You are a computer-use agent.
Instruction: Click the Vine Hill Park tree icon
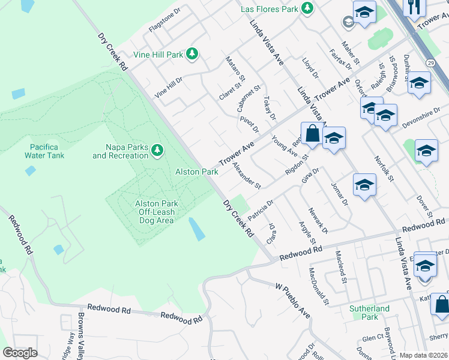click(x=192, y=55)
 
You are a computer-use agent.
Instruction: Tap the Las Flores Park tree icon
click(x=307, y=9)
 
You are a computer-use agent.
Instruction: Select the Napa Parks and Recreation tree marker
click(x=157, y=149)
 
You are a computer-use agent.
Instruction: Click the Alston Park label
click(x=196, y=172)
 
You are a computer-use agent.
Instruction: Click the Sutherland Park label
click(x=369, y=313)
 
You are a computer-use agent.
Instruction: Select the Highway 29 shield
click(x=431, y=62)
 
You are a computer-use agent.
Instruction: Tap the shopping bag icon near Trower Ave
click(x=312, y=133)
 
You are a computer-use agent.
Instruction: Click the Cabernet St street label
click(x=248, y=98)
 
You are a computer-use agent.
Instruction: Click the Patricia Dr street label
click(x=261, y=210)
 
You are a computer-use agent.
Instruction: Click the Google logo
click(x=20, y=353)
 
